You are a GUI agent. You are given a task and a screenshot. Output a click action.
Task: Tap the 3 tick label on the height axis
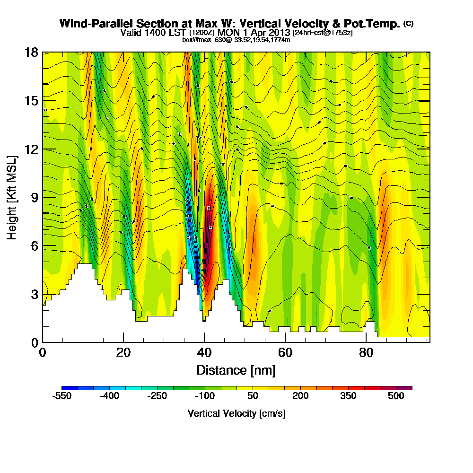(x=34, y=294)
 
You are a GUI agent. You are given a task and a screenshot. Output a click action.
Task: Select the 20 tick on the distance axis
(x=123, y=342)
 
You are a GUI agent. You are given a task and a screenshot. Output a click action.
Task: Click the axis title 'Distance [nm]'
(x=236, y=370)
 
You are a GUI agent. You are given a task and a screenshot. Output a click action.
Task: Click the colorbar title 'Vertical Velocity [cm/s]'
(x=236, y=413)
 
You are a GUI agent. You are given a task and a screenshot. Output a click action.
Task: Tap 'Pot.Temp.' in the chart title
(x=377, y=24)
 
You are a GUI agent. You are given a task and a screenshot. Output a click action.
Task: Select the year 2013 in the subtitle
(x=278, y=33)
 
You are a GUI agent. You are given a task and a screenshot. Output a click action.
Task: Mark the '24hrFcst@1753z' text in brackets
(x=323, y=33)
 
